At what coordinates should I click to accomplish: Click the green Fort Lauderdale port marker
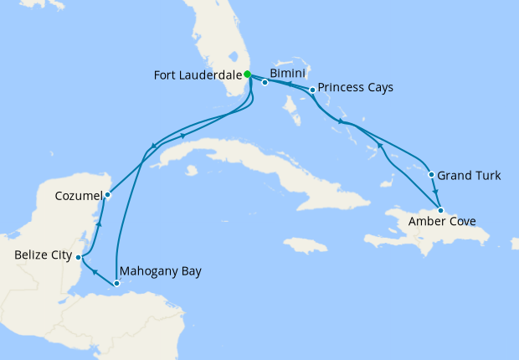click(x=248, y=74)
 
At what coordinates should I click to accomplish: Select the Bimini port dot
click(x=265, y=82)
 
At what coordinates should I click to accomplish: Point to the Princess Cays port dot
click(x=311, y=90)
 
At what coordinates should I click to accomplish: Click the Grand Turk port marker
click(x=431, y=175)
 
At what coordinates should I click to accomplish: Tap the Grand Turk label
click(x=470, y=176)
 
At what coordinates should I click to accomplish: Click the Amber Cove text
click(x=442, y=223)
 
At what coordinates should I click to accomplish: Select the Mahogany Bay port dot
click(x=116, y=284)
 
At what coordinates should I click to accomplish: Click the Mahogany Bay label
click(x=161, y=271)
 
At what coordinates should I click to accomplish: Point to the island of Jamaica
click(x=305, y=245)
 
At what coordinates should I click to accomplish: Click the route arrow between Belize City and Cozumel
click(x=98, y=224)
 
